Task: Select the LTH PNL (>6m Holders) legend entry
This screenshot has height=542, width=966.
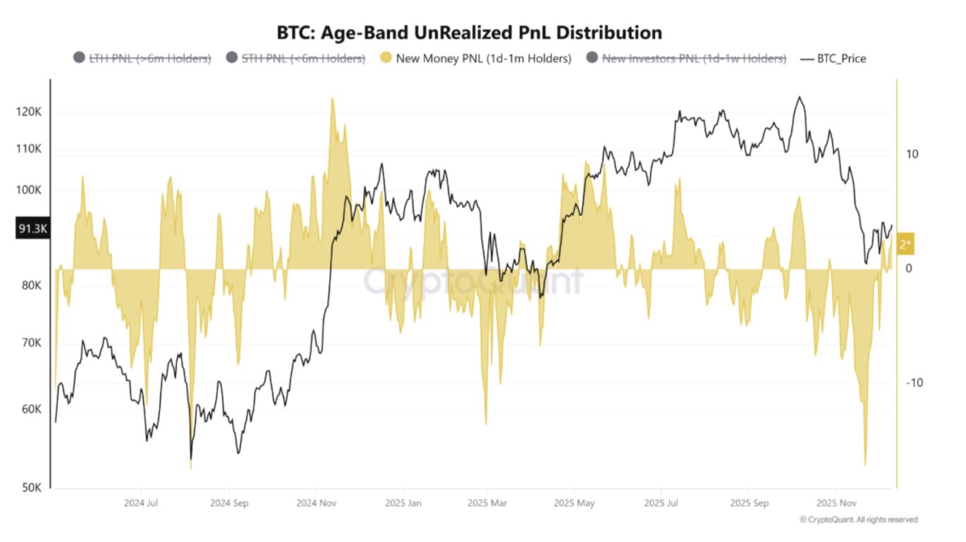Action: coord(142,59)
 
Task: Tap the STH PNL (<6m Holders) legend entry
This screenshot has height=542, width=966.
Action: coord(295,59)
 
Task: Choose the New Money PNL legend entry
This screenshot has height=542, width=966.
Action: coord(475,59)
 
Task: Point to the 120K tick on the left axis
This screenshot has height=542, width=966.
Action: coord(30,113)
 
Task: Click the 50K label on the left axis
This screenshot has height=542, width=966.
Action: coord(32,488)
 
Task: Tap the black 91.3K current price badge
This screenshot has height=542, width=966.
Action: coord(32,229)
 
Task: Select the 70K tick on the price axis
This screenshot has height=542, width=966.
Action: coord(32,343)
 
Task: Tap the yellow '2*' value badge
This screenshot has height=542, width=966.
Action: coord(905,245)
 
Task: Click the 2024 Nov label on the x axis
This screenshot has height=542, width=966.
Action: coord(316,504)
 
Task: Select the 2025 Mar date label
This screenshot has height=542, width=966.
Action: coord(487,504)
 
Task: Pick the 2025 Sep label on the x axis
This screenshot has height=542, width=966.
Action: coord(749,504)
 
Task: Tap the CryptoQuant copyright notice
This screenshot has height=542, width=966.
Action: coord(858,519)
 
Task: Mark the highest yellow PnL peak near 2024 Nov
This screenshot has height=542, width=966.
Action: coord(331,100)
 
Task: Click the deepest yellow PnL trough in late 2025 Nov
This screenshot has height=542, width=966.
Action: coord(865,464)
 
